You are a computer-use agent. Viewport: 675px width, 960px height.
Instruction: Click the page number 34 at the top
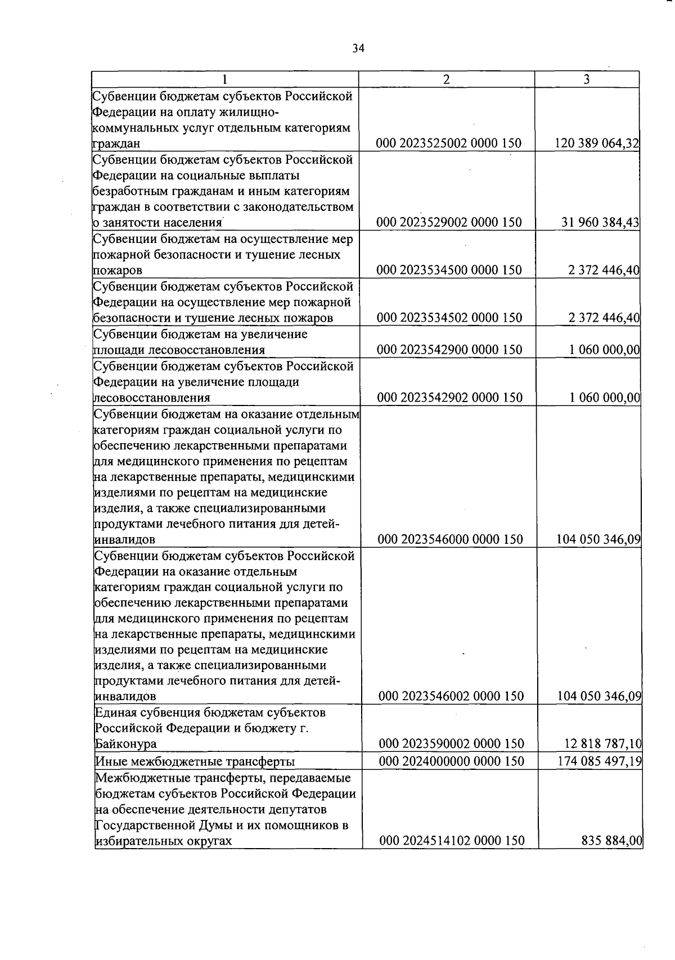tap(358, 48)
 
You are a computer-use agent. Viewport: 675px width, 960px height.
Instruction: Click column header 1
tap(224, 79)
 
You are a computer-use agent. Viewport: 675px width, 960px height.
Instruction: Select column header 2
tap(446, 79)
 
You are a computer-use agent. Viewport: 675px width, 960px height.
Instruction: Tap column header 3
tap(586, 79)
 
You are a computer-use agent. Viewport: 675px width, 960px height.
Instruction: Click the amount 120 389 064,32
tap(597, 143)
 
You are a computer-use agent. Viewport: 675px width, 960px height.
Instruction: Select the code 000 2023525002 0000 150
tap(449, 143)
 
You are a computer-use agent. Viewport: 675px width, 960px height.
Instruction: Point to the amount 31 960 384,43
tap(600, 223)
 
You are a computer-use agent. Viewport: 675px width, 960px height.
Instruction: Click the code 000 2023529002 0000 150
tap(449, 223)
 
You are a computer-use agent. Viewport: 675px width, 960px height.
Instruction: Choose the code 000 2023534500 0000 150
tap(449, 271)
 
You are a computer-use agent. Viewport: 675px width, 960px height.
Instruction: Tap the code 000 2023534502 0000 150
tap(449, 318)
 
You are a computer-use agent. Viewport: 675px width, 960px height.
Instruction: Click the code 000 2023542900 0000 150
tap(449, 350)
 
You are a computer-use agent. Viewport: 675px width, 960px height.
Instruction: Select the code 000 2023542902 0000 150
tap(449, 398)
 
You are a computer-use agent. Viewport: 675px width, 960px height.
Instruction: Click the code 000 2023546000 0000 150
tap(450, 540)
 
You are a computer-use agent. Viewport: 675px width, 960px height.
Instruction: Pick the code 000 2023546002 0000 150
tap(451, 697)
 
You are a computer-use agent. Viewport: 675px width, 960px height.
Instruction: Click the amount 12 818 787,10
tap(603, 744)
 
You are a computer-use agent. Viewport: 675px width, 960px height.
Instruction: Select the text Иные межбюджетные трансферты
tap(195, 762)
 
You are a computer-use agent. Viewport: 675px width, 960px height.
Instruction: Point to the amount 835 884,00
tap(612, 841)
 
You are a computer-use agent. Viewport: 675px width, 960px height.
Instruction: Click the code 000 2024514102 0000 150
tap(452, 841)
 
